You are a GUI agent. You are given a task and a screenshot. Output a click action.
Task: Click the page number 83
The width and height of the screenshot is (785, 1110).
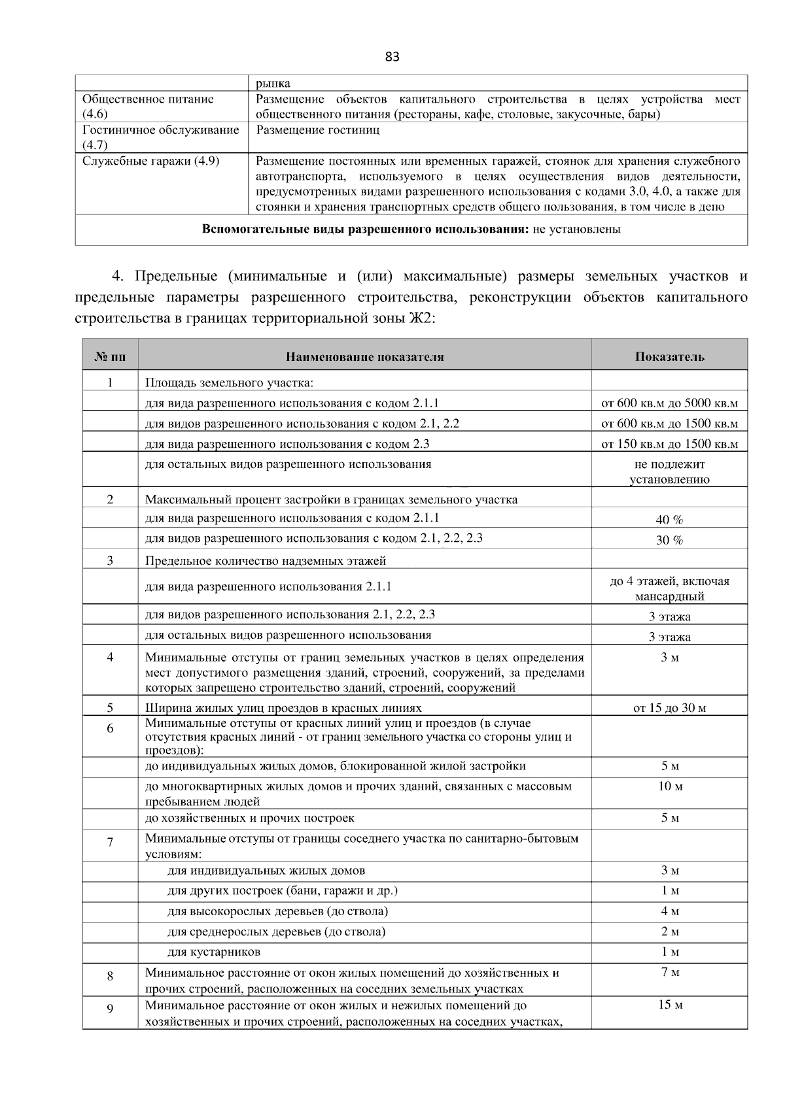click(x=392, y=57)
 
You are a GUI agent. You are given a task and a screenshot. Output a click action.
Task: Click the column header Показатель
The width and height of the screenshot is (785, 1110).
click(x=669, y=356)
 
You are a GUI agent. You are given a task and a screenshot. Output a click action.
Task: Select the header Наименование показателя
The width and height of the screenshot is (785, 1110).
click(x=364, y=356)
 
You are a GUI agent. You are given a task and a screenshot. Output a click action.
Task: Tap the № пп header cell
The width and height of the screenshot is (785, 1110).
click(x=110, y=356)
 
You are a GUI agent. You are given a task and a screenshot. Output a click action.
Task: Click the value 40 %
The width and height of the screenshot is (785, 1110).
click(x=669, y=520)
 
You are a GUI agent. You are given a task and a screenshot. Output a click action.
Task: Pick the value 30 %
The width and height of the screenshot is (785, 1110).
click(x=669, y=540)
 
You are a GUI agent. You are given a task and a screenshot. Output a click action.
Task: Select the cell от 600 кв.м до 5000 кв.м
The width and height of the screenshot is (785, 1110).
click(x=669, y=403)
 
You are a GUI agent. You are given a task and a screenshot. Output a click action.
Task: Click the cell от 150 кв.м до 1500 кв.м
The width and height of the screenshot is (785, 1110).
click(x=669, y=444)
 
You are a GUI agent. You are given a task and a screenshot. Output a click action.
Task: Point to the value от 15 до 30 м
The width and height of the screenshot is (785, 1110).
click(x=669, y=707)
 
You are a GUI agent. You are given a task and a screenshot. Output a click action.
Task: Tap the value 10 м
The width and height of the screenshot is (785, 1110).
click(x=670, y=786)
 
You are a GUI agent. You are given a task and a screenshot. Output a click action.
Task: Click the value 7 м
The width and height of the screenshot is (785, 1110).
click(x=670, y=972)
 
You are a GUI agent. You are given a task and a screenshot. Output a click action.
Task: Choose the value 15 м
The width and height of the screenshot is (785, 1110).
click(x=670, y=1005)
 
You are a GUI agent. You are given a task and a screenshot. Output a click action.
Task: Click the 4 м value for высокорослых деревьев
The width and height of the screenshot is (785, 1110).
click(x=670, y=911)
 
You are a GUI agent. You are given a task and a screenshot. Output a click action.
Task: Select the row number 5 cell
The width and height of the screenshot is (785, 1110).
click(x=110, y=707)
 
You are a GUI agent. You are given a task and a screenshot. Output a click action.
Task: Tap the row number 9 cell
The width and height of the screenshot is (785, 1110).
click(x=110, y=1009)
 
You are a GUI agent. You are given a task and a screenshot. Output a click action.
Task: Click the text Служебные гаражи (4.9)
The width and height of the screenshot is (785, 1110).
click(x=150, y=161)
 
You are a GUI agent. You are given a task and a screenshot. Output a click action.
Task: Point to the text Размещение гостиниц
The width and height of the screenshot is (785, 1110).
click(x=317, y=130)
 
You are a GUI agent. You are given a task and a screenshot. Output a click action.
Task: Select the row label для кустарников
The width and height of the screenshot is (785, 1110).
click(x=214, y=951)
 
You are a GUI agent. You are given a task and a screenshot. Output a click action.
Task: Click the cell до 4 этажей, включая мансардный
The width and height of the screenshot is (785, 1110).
click(x=669, y=588)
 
